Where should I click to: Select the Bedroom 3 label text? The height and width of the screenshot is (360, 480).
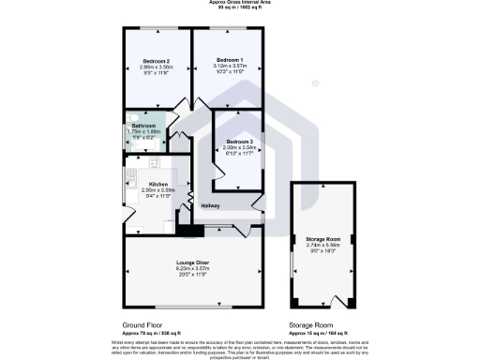tap(240, 142)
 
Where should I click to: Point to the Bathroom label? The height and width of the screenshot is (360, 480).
tap(143, 126)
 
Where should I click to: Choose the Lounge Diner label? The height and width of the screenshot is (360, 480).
tap(192, 263)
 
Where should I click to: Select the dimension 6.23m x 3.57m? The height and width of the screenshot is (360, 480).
tap(192, 270)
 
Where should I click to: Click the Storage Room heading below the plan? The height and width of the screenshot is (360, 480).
tap(312, 324)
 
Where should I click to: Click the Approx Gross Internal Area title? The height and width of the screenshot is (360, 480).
tap(240, 3)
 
